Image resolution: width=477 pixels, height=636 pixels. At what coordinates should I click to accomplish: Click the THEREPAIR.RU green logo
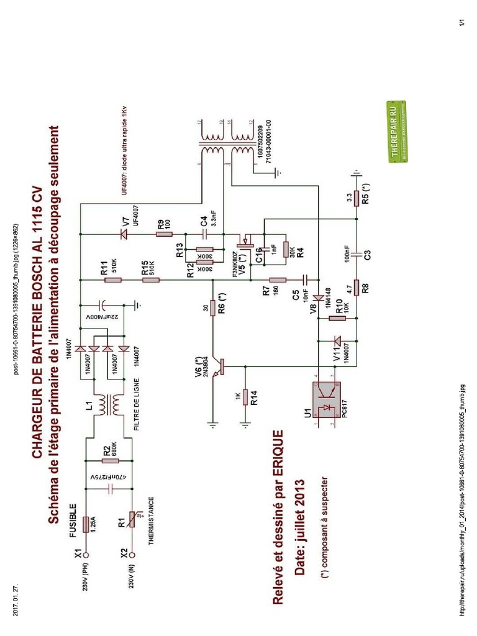tap(397, 131)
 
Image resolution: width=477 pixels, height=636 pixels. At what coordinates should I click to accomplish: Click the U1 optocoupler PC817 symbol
tap(326, 400)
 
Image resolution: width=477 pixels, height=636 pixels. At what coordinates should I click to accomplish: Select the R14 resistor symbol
tap(245, 396)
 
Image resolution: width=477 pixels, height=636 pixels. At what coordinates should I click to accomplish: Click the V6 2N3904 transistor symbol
tap(217, 367)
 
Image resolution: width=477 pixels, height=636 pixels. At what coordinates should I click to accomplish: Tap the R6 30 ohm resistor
tap(212, 307)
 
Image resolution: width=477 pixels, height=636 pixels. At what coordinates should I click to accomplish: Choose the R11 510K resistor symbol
tap(113, 280)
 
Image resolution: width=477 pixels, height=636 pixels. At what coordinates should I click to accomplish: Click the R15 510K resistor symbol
tap(149, 280)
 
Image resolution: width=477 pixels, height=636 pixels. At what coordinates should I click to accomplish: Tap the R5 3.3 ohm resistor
tap(357, 198)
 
